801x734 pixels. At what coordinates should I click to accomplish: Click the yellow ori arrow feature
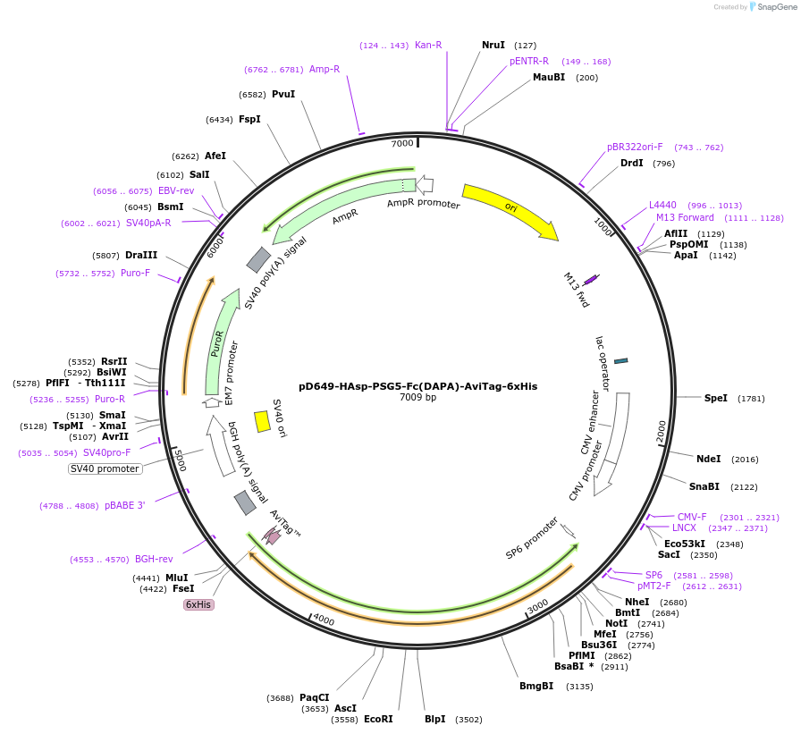pyautogui.click(x=510, y=211)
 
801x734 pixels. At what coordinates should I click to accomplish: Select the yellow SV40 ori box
pyautogui.click(x=262, y=421)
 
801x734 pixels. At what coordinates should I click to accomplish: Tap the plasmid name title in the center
pyautogui.click(x=418, y=386)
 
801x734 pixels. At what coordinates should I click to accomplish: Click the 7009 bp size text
pyautogui.click(x=418, y=398)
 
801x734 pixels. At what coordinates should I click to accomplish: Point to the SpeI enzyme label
pyautogui.click(x=716, y=398)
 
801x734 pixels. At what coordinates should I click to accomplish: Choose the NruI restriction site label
pyautogui.click(x=493, y=45)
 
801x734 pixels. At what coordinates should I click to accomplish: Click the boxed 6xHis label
pyautogui.click(x=198, y=604)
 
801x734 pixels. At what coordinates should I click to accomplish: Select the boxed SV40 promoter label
pyautogui.click(x=105, y=468)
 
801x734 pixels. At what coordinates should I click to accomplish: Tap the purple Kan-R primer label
pyautogui.click(x=428, y=45)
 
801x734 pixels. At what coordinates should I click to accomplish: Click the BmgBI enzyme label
pyautogui.click(x=536, y=686)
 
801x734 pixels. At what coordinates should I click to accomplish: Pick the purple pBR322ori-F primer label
pyautogui.click(x=635, y=147)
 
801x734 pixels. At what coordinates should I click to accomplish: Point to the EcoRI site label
pyautogui.click(x=378, y=719)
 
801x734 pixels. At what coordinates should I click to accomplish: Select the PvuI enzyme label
pyautogui.click(x=283, y=94)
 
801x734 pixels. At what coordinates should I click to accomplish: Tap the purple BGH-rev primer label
pyautogui.click(x=154, y=559)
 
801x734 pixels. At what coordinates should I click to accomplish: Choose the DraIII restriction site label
pyautogui.click(x=141, y=255)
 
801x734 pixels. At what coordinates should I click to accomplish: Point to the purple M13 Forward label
pyautogui.click(x=685, y=217)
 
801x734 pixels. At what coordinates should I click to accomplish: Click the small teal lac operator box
pyautogui.click(x=621, y=360)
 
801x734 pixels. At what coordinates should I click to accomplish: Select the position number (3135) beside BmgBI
pyautogui.click(x=580, y=687)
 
